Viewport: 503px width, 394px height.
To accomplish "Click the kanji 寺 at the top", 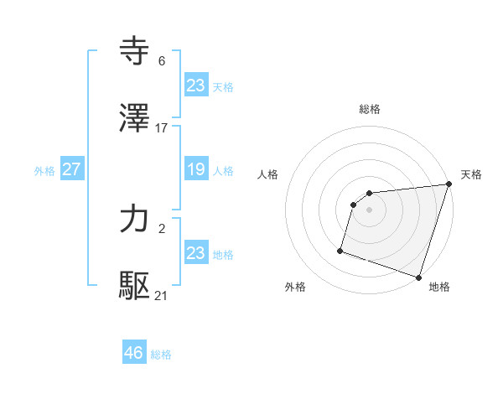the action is (135, 52).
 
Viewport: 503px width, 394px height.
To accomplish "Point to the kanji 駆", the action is (135, 286).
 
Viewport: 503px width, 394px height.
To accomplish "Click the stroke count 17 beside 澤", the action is (162, 127).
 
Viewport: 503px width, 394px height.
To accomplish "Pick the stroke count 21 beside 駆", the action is (162, 295).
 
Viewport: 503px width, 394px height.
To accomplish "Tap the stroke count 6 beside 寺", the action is (162, 61).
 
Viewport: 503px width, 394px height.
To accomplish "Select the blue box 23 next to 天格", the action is (195, 86).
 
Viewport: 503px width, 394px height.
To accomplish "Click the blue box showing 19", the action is (195, 169).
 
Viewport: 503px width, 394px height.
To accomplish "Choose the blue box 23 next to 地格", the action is (195, 253).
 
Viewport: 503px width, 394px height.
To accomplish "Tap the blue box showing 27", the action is (71, 169).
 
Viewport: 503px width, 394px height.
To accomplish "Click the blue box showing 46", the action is (133, 353).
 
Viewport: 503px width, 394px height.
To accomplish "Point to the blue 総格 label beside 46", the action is (161, 355).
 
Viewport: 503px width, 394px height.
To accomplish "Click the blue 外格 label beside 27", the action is (44, 171).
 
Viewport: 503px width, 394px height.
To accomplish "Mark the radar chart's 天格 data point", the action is (449, 184).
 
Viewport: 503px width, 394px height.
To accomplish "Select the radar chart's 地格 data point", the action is (418, 277).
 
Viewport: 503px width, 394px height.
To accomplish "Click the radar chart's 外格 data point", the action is (340, 250).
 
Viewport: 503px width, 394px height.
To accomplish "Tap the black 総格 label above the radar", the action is (370, 109).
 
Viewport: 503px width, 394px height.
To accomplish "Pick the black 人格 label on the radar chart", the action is (268, 174).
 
